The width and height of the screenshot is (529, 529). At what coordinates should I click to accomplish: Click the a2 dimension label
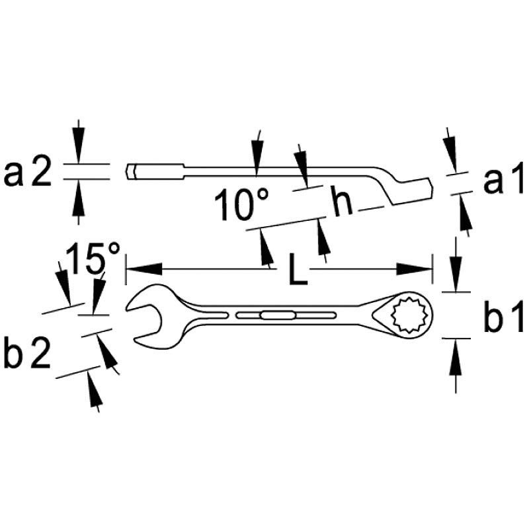point(28,172)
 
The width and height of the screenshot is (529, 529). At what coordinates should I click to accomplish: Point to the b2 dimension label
point(27,354)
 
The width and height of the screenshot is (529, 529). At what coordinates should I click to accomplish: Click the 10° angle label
point(242,204)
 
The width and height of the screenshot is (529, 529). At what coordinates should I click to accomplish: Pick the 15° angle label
point(93,258)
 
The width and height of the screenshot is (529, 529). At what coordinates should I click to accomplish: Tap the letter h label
point(341,200)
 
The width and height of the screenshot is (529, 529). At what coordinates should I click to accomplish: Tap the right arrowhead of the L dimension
point(415,269)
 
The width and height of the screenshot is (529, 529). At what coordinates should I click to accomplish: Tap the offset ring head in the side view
point(411,190)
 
